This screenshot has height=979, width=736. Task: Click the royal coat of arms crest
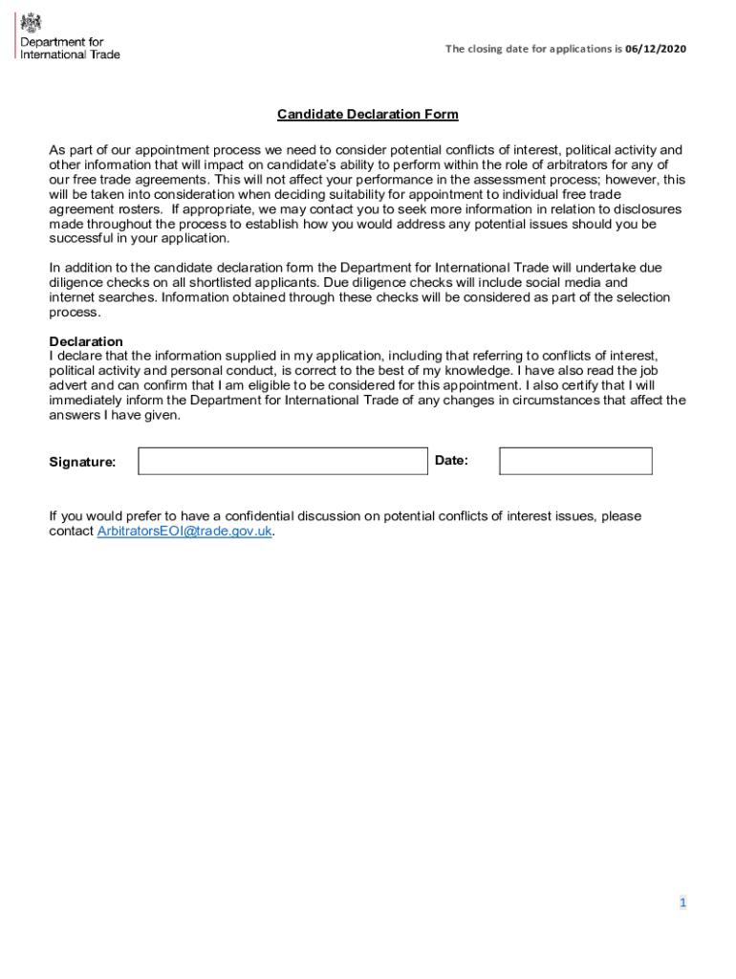pos(31,22)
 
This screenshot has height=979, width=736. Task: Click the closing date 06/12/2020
pos(656,49)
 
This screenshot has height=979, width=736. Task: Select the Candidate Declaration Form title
pos(368,115)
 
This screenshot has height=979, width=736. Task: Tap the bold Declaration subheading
pos(86,341)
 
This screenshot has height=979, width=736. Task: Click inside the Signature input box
pos(283,461)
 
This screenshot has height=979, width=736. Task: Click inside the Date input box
pos(575,461)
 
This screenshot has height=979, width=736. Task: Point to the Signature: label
pos(82,462)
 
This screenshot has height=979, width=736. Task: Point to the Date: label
pos(451,461)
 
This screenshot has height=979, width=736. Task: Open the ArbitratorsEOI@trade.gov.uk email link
pos(184,532)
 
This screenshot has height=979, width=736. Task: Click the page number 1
pos(682,903)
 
